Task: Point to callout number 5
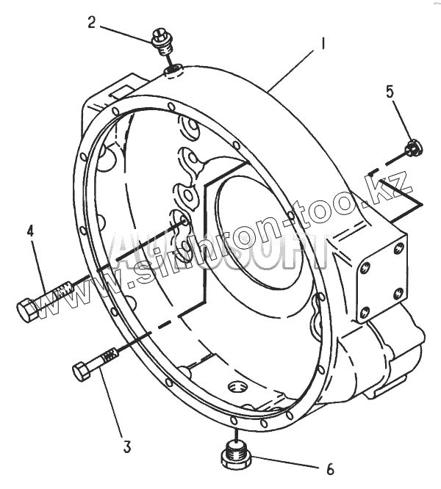390,92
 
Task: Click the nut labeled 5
412,148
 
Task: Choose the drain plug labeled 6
237,457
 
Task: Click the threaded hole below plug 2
173,69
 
